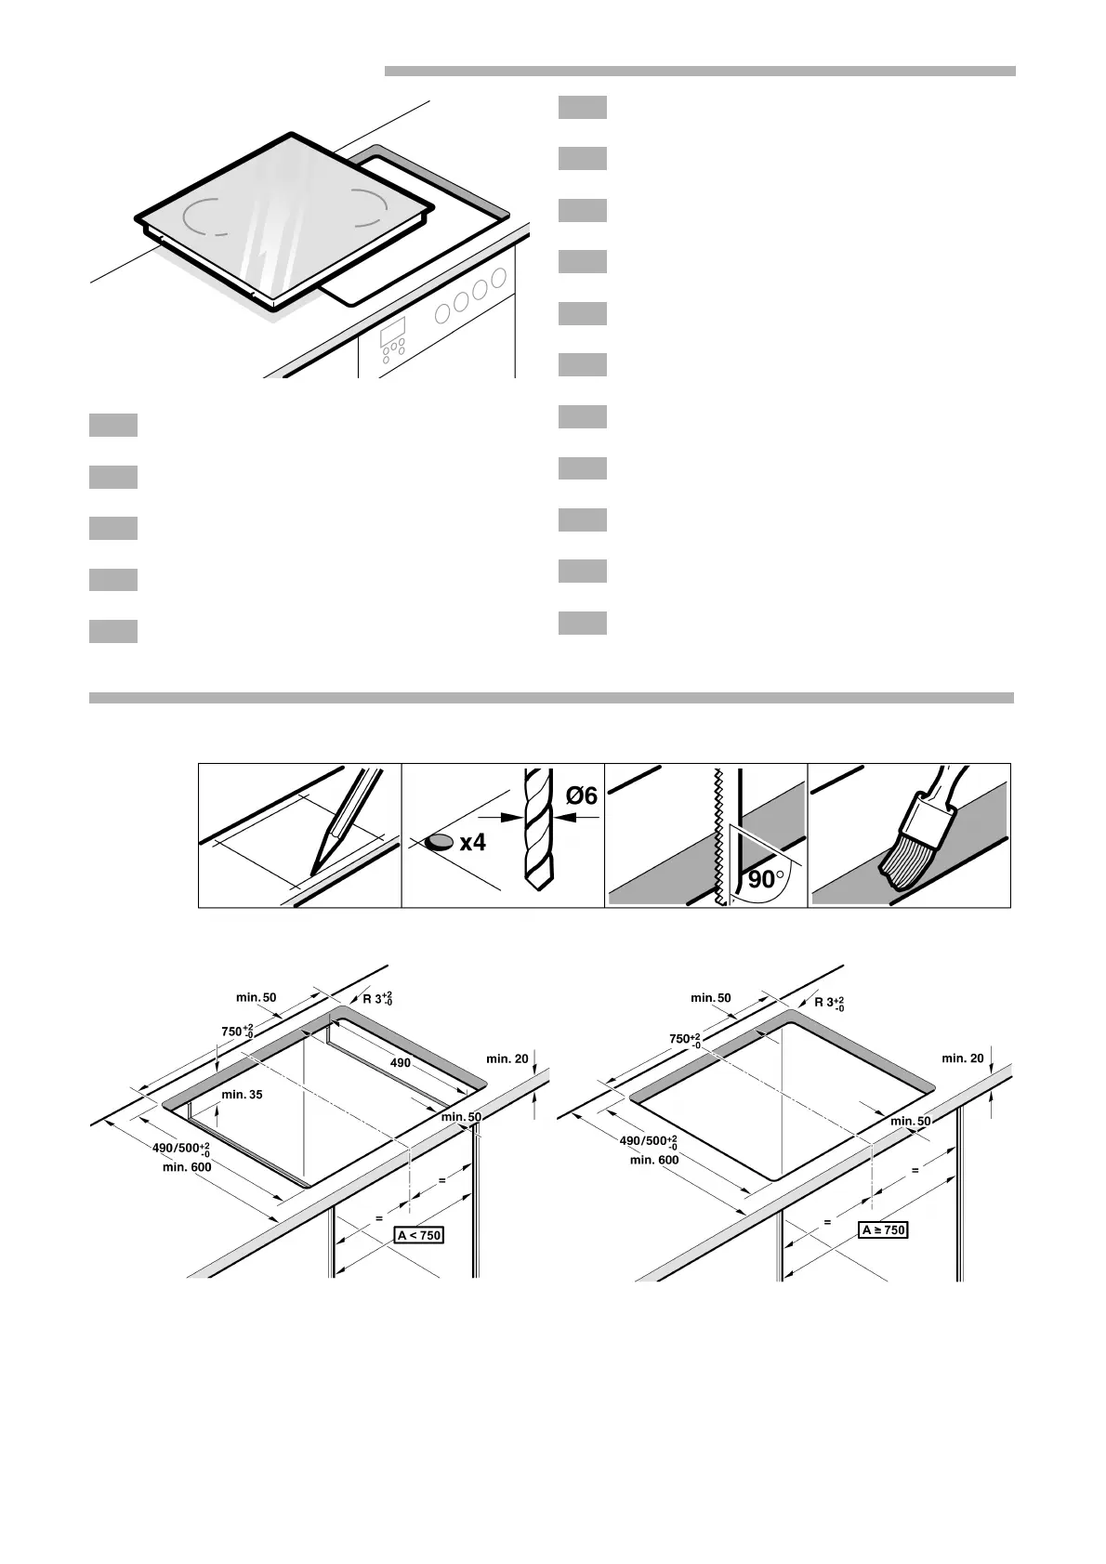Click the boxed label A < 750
[x=419, y=1235]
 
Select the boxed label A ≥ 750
[x=883, y=1229]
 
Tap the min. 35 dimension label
[x=242, y=1094]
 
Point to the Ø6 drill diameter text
[x=582, y=795]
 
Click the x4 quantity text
[x=473, y=843]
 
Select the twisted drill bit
[x=538, y=830]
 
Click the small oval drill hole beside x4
[x=438, y=843]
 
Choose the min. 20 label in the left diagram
[x=507, y=1058]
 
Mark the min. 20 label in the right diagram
[x=963, y=1058]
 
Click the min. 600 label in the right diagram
[x=654, y=1160]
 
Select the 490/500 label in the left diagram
[x=181, y=1149]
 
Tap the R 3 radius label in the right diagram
[x=829, y=1004]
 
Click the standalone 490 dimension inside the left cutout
[x=400, y=1063]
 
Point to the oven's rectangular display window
[x=392, y=333]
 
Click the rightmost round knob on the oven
[x=498, y=278]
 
